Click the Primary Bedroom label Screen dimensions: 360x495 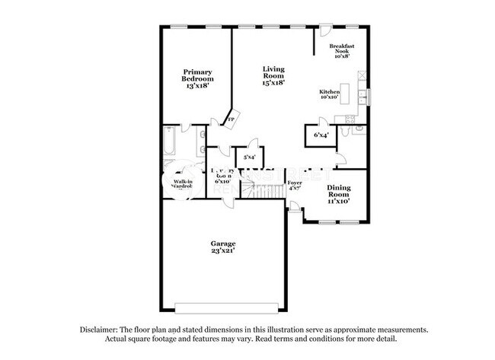(197, 79)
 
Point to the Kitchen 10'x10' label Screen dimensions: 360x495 (329, 94)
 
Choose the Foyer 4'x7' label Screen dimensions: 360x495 (295, 186)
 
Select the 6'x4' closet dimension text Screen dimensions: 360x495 (321, 135)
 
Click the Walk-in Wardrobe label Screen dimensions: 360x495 (181, 185)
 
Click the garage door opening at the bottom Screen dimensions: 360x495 (223, 307)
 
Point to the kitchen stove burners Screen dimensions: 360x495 (351, 118)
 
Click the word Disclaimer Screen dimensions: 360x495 (101, 330)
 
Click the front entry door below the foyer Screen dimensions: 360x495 (295, 207)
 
